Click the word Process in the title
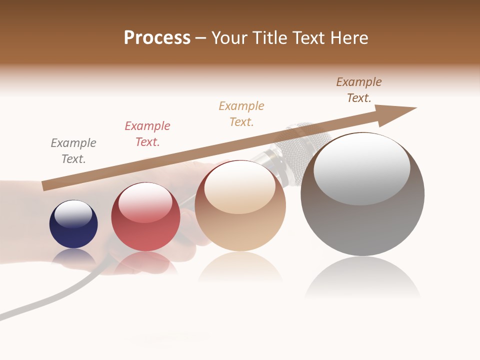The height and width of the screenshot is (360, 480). (157, 38)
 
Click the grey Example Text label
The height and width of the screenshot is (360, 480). (73, 150)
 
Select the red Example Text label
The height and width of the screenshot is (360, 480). (147, 133)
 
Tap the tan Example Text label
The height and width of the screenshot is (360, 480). (241, 113)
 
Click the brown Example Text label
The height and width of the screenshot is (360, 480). (359, 89)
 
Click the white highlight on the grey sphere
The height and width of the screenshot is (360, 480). (361, 167)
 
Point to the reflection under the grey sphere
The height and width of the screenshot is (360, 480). (362, 277)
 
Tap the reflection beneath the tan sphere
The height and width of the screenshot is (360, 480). (240, 267)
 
